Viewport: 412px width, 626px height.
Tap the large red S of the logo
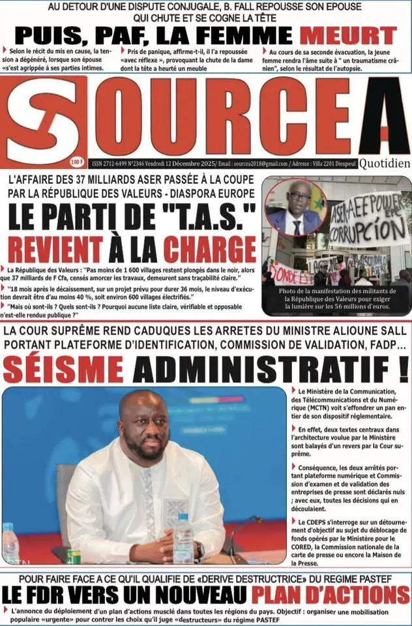[43, 121]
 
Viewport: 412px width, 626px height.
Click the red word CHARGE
[210, 248]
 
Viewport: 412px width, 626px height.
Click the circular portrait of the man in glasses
[296, 208]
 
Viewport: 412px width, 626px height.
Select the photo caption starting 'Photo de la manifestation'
[336, 299]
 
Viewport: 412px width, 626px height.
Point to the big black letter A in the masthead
[383, 117]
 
